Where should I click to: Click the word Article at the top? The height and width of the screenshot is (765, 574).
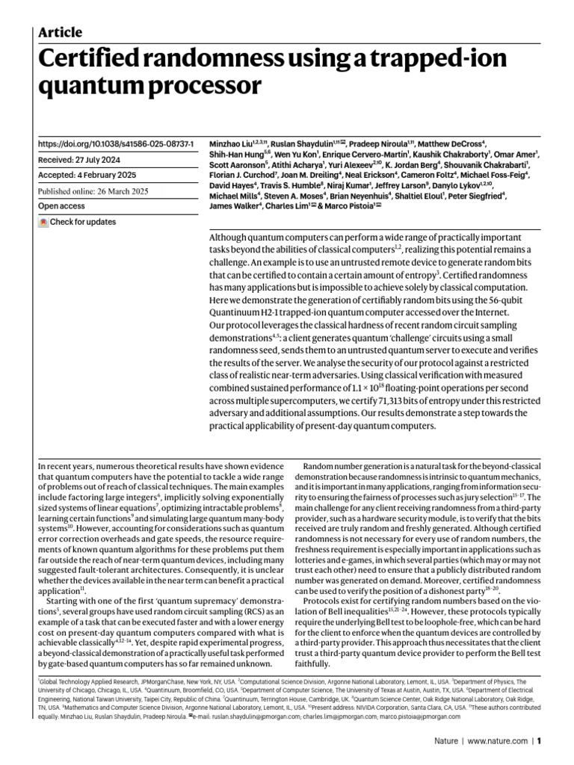(x=60, y=32)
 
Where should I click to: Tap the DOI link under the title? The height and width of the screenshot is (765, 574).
(x=116, y=143)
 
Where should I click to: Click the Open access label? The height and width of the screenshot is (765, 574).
(x=61, y=206)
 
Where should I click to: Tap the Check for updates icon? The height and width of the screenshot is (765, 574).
(x=43, y=222)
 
